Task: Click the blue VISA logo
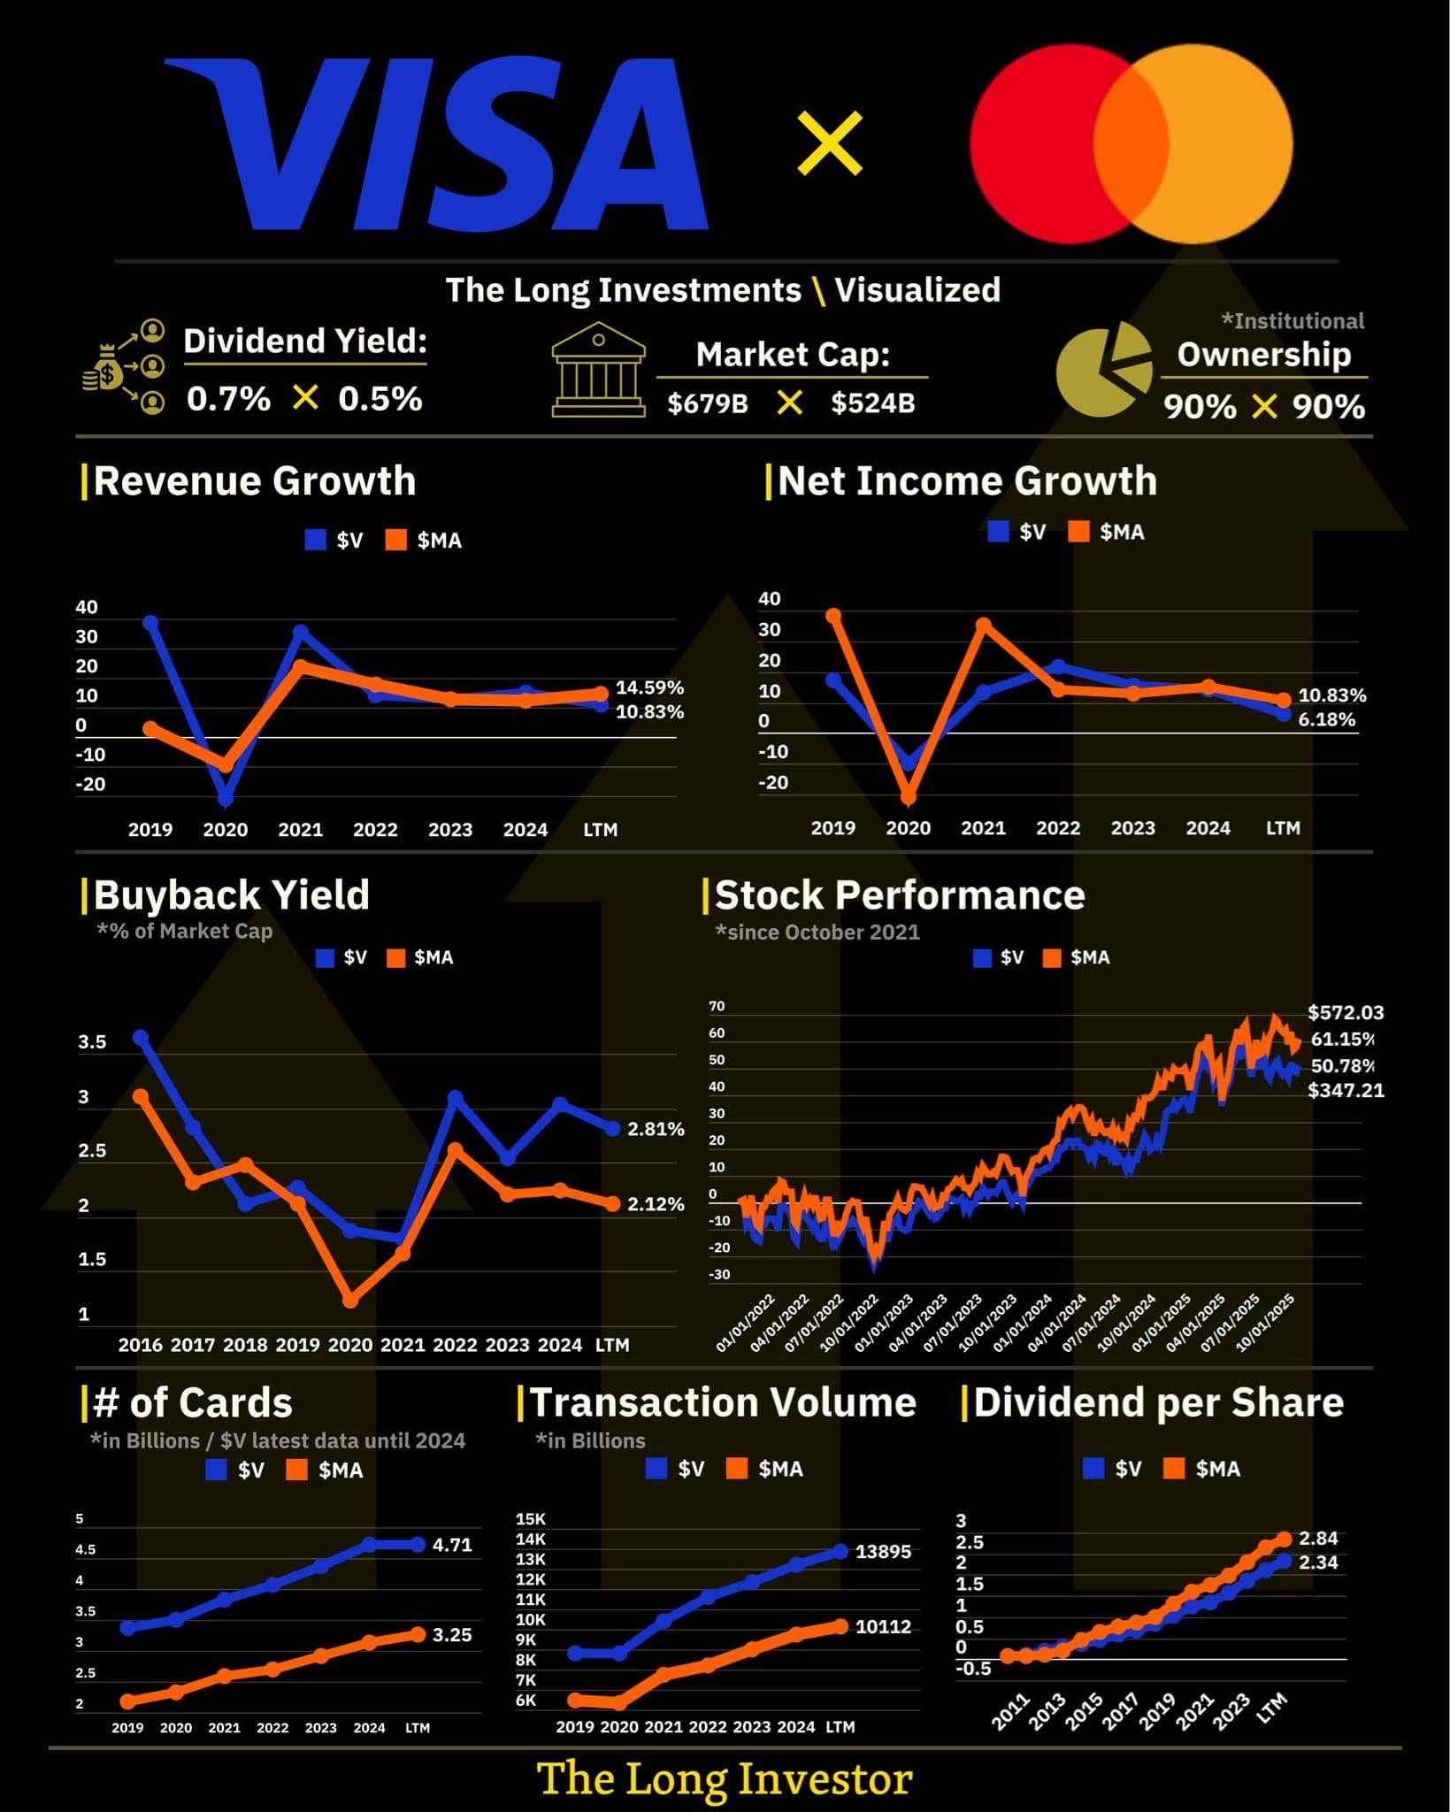point(438,143)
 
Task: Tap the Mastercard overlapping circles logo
point(1131,143)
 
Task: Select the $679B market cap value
point(708,403)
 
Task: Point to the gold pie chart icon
point(1101,370)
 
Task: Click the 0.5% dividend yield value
point(380,399)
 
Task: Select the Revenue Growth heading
point(254,481)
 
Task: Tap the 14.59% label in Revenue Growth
point(649,687)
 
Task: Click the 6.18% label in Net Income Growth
point(1326,719)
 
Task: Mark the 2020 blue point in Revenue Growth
point(226,799)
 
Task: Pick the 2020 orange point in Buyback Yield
point(350,1300)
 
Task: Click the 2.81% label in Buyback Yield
point(656,1129)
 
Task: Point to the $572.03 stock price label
point(1345,1012)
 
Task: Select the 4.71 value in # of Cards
point(452,1545)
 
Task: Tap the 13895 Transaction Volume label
point(883,1552)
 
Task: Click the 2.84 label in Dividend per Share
point(1318,1539)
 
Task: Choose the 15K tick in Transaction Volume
point(531,1519)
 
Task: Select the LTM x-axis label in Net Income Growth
point(1283,828)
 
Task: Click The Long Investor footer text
point(725,1779)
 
